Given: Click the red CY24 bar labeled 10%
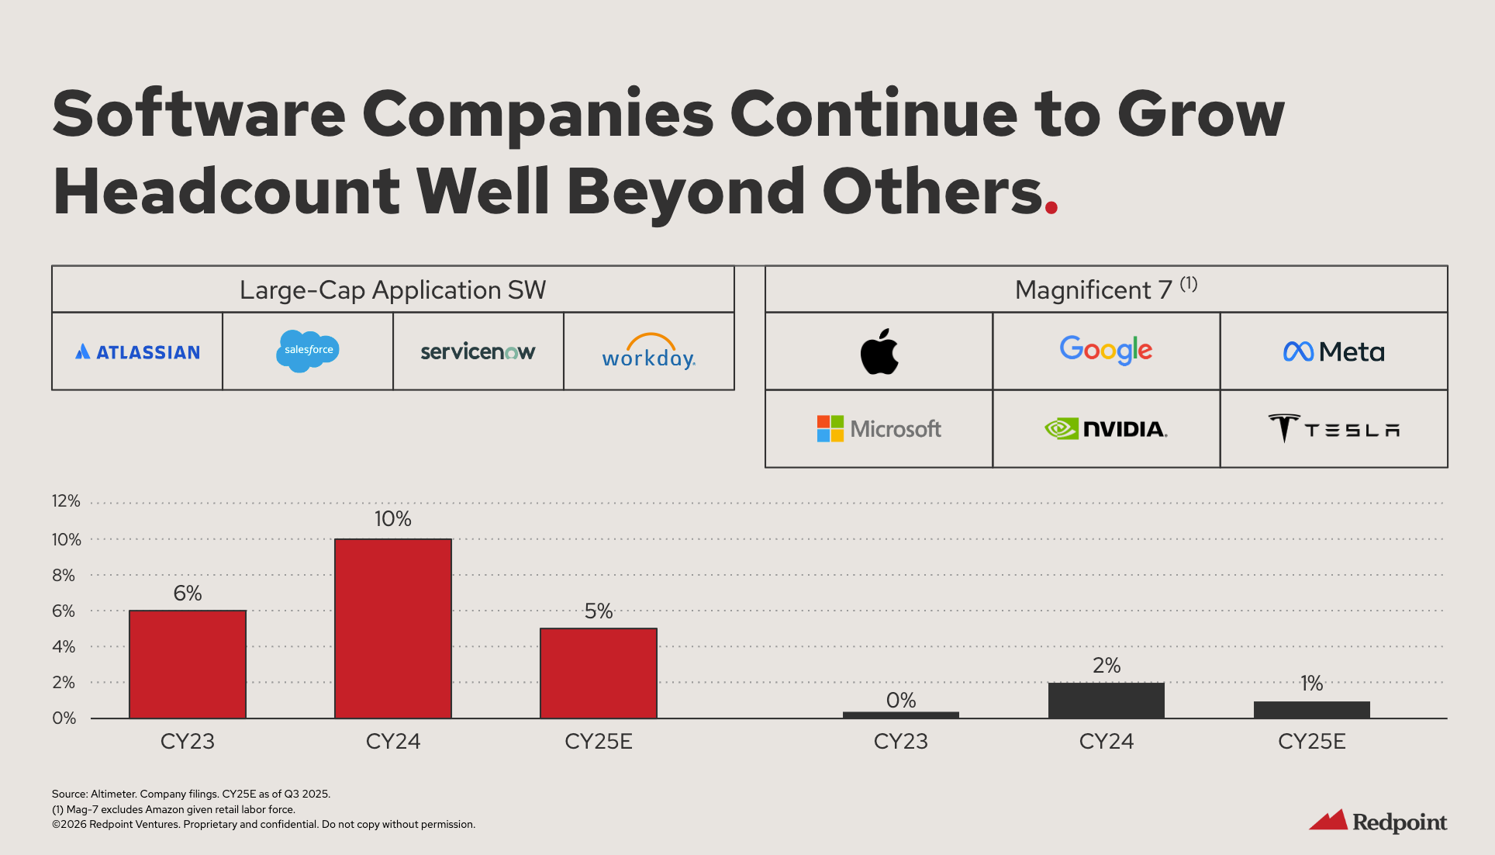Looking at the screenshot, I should click(x=393, y=628).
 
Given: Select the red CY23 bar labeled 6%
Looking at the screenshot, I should click(x=188, y=664).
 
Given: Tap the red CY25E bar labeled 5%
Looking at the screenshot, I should click(x=599, y=673).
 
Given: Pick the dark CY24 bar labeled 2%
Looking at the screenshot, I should click(x=1107, y=701).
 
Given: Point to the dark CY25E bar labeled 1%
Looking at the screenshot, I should click(x=1312, y=710).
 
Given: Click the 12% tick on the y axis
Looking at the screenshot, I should click(x=66, y=501).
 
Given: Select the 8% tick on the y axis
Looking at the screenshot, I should click(x=64, y=576).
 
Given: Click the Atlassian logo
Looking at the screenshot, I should click(x=137, y=352).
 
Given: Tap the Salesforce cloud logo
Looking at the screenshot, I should click(x=308, y=351).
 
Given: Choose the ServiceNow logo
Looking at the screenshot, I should click(x=478, y=352).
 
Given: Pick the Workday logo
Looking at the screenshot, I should click(x=649, y=352).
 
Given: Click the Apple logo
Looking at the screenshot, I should click(x=879, y=351).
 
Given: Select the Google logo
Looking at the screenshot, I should click(x=1106, y=350).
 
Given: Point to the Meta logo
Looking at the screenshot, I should click(x=1334, y=352).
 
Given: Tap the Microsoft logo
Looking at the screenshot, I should click(x=879, y=429).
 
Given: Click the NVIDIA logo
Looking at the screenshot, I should click(x=1106, y=429).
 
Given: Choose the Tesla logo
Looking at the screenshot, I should click(x=1334, y=429).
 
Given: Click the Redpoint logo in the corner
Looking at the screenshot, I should click(x=1378, y=821).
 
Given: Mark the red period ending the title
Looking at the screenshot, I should click(x=1051, y=207).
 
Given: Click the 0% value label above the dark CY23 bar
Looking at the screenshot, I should click(x=901, y=701).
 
